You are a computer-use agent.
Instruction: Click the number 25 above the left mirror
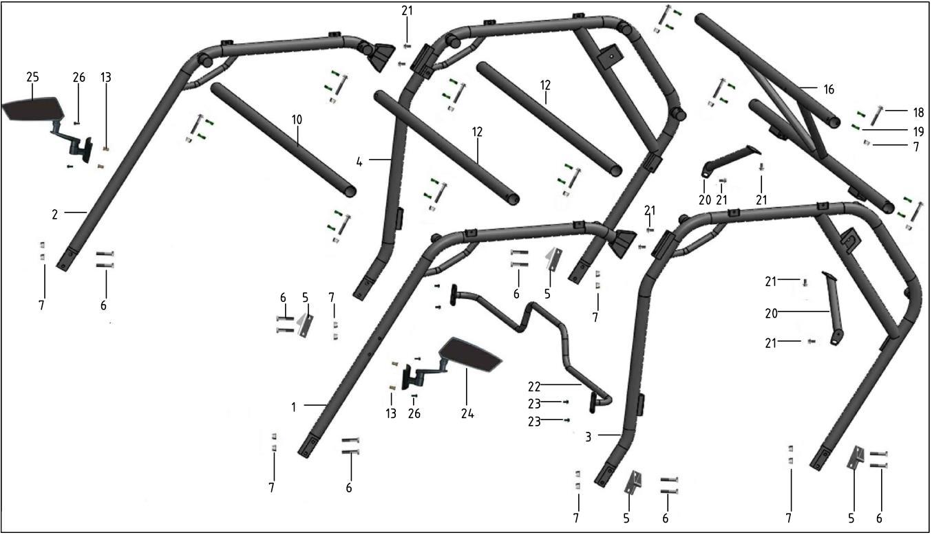coord(32,77)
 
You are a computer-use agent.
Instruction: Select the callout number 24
coord(467,413)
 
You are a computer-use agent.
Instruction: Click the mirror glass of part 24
coord(470,353)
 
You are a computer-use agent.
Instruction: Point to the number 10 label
coord(296,120)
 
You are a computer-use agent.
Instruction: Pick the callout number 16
coord(829,89)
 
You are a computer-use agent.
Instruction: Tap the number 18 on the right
coord(918,112)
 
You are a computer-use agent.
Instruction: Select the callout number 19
coord(918,132)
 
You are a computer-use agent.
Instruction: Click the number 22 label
coord(534,386)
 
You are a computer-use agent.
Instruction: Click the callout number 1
coord(294,407)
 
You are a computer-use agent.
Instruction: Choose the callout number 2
coord(55,215)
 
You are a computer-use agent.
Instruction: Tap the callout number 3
coord(588,437)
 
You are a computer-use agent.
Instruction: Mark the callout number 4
coord(359,162)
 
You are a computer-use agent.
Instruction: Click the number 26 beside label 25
coord(79,77)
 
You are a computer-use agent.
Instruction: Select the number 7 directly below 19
coord(916,147)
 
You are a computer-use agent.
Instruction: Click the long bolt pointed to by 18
coord(876,116)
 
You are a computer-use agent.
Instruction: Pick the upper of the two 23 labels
coord(534,404)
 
